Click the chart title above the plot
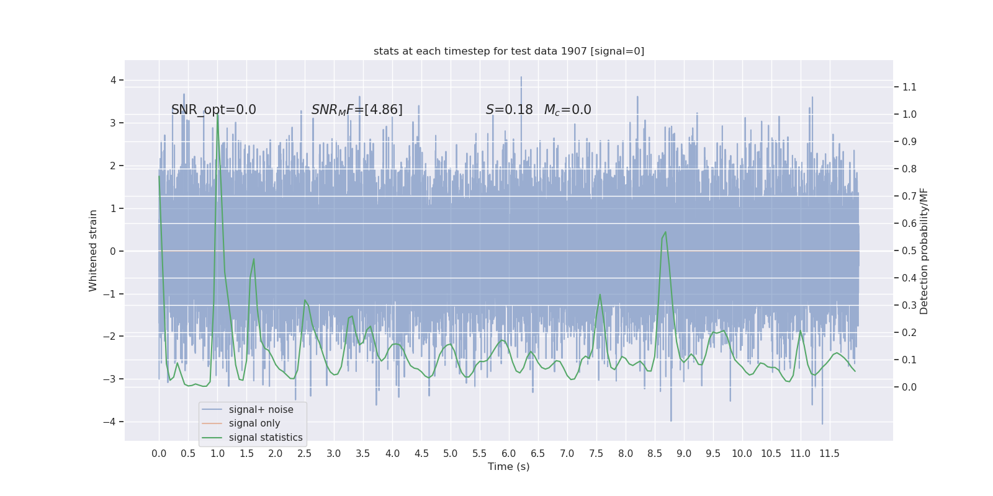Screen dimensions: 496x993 coord(509,51)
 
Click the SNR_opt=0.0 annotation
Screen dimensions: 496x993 coord(213,110)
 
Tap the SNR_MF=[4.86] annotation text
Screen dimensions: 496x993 coord(357,110)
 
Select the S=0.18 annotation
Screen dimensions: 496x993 coord(509,110)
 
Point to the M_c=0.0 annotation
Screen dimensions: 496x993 coord(567,110)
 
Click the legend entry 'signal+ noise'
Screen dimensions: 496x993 coord(261,410)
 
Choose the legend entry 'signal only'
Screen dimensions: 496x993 coord(254,423)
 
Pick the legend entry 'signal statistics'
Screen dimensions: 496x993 coord(266,438)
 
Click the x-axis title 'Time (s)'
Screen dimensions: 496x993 coord(509,466)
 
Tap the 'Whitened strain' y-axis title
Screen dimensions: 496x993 coord(93,250)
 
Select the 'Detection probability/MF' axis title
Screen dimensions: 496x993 coord(924,250)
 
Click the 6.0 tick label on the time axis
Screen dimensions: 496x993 coord(509,454)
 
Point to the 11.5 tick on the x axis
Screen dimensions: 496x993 coord(829,454)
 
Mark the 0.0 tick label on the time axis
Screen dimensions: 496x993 coord(159,454)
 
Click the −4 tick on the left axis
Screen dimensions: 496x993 coord(112,422)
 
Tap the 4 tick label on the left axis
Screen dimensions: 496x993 coord(114,80)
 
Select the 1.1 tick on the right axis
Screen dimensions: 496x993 coord(909,87)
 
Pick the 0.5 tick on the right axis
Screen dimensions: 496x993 coord(909,251)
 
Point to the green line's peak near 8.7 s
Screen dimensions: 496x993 coord(665,232)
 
